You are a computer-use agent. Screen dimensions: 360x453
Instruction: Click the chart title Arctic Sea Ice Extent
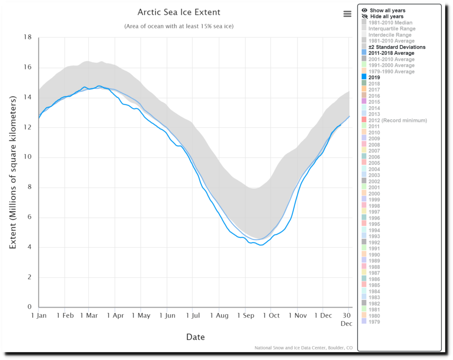click(179, 12)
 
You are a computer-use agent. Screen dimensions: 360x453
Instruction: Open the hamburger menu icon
click(347, 14)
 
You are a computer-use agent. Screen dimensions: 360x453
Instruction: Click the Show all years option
click(387, 10)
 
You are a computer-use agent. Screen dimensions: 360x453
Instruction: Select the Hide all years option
click(387, 16)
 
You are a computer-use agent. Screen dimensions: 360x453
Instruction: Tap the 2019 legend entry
click(374, 77)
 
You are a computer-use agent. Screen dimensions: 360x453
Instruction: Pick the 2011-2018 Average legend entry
click(391, 53)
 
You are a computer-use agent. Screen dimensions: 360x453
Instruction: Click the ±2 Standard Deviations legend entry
click(397, 47)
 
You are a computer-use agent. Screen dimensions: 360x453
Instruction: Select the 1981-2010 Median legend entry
click(390, 23)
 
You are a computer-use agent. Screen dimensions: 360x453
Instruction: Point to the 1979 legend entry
click(374, 321)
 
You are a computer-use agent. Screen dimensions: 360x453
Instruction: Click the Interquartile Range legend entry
click(392, 29)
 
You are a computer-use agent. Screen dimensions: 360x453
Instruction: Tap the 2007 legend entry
click(374, 151)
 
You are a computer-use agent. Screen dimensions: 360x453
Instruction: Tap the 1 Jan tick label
click(38, 315)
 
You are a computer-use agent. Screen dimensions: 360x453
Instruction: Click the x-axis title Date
click(195, 337)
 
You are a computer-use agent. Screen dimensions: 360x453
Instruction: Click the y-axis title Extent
click(13, 172)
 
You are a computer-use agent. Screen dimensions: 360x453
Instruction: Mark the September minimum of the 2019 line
click(261, 245)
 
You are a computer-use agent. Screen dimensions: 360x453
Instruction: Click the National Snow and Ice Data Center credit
click(303, 348)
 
